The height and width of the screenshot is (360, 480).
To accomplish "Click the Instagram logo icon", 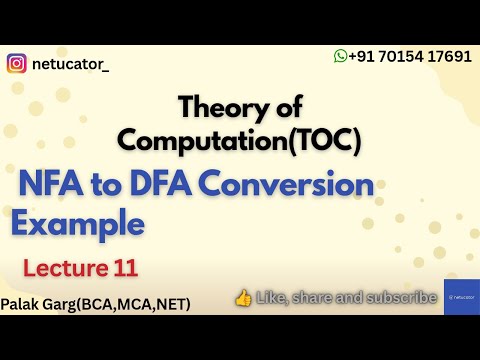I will pyautogui.click(x=17, y=64).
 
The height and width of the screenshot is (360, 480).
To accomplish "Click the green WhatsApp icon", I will pyautogui.click(x=340, y=56).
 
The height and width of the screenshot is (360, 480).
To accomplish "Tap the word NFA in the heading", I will pyautogui.click(x=50, y=186).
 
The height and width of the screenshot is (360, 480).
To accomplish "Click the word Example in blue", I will pyautogui.click(x=77, y=222).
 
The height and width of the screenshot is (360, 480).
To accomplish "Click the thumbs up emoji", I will pyautogui.click(x=242, y=297).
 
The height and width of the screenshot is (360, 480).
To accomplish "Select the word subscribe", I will pyautogui.click(x=400, y=297).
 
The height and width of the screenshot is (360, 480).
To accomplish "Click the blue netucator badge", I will pyautogui.click(x=461, y=297).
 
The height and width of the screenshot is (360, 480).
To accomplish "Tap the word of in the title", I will pyautogui.click(x=284, y=108).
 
